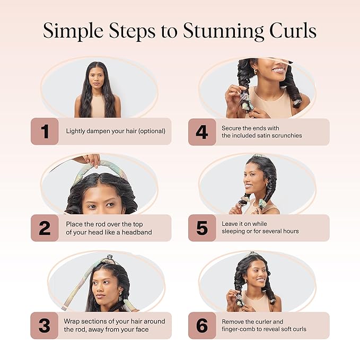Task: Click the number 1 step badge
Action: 45,131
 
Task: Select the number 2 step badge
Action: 45,228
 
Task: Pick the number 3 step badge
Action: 45,325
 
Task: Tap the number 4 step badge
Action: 202,131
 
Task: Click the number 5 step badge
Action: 202,228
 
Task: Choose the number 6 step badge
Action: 202,325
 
